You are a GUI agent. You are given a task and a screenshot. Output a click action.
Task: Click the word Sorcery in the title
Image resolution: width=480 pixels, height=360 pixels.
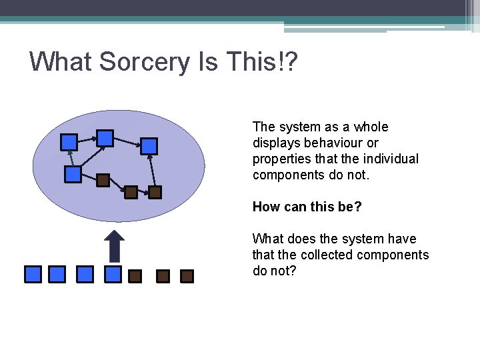(142, 62)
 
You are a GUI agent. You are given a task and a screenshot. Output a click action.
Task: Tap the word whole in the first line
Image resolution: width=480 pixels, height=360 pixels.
(370, 127)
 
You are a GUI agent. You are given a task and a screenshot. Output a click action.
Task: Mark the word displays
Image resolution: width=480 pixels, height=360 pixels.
(274, 143)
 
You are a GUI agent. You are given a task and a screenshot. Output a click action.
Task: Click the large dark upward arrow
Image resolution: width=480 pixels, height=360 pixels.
(115, 246)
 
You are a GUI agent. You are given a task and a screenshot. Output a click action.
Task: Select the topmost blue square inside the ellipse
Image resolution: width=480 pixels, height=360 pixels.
(105, 138)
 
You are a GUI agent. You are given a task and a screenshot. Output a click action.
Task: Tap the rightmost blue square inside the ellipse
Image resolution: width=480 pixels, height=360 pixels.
(149, 145)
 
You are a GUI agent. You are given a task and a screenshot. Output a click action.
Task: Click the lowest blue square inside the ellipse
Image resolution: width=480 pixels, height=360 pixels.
(73, 175)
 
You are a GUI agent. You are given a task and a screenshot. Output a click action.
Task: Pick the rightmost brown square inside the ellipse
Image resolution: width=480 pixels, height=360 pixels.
(155, 193)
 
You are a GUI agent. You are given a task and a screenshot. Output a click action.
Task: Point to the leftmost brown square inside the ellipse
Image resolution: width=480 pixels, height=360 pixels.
(103, 179)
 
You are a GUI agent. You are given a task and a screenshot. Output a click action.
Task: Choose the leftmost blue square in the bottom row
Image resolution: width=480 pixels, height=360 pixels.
(33, 274)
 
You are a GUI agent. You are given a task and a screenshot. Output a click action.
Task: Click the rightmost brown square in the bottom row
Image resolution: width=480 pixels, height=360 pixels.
(187, 276)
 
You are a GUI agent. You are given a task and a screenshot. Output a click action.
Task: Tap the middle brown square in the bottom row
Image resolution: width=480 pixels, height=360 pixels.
(162, 276)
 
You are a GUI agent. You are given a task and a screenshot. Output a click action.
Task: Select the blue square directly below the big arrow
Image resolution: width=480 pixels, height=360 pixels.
(113, 274)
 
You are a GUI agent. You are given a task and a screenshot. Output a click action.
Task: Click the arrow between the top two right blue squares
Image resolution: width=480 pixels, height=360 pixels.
(127, 142)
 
